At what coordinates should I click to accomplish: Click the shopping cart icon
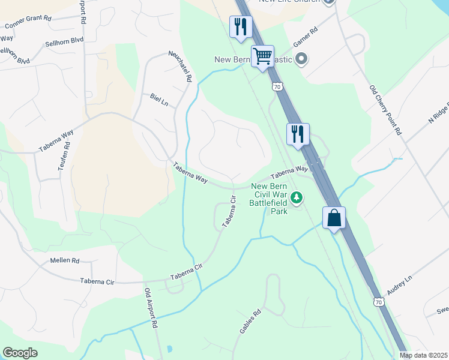point(263,56)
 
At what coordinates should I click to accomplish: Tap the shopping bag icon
point(334,218)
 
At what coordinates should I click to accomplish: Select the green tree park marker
point(297,197)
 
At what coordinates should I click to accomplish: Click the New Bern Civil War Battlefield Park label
point(271,198)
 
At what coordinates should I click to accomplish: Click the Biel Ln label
point(159,100)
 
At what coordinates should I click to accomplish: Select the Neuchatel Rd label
point(180,66)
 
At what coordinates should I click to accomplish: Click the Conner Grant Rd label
point(28,22)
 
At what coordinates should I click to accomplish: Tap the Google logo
point(20,353)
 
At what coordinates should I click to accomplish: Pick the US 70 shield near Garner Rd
point(277,87)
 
